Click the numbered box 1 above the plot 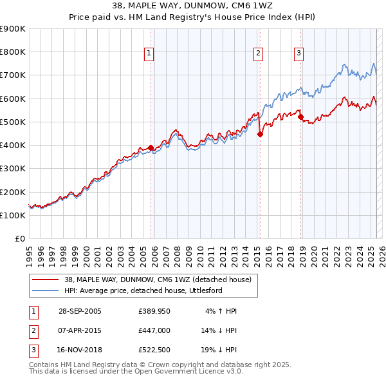(149, 54)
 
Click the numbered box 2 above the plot (258, 54)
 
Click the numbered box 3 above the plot (299, 54)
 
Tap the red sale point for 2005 (151, 147)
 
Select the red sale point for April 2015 (260, 135)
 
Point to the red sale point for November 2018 (301, 117)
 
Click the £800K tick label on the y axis (13, 52)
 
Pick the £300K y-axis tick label (13, 169)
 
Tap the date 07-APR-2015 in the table (80, 331)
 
